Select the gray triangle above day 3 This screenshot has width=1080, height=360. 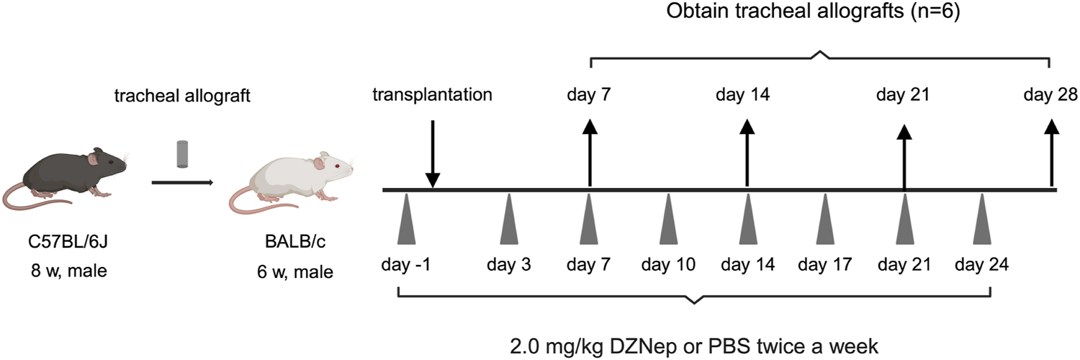point(509,220)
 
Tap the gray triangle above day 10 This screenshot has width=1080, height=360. point(668,220)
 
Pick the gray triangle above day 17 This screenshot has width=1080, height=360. point(825,220)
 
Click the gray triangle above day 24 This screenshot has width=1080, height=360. point(981,220)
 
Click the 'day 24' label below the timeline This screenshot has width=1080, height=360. point(981,264)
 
